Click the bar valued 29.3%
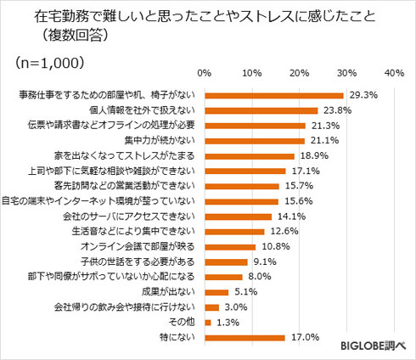[273, 96]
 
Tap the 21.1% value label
[323, 141]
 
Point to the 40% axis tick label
[393, 74]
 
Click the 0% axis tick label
[205, 74]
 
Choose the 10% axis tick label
[251, 74]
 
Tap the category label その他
[184, 322]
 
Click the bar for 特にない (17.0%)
[245, 337]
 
